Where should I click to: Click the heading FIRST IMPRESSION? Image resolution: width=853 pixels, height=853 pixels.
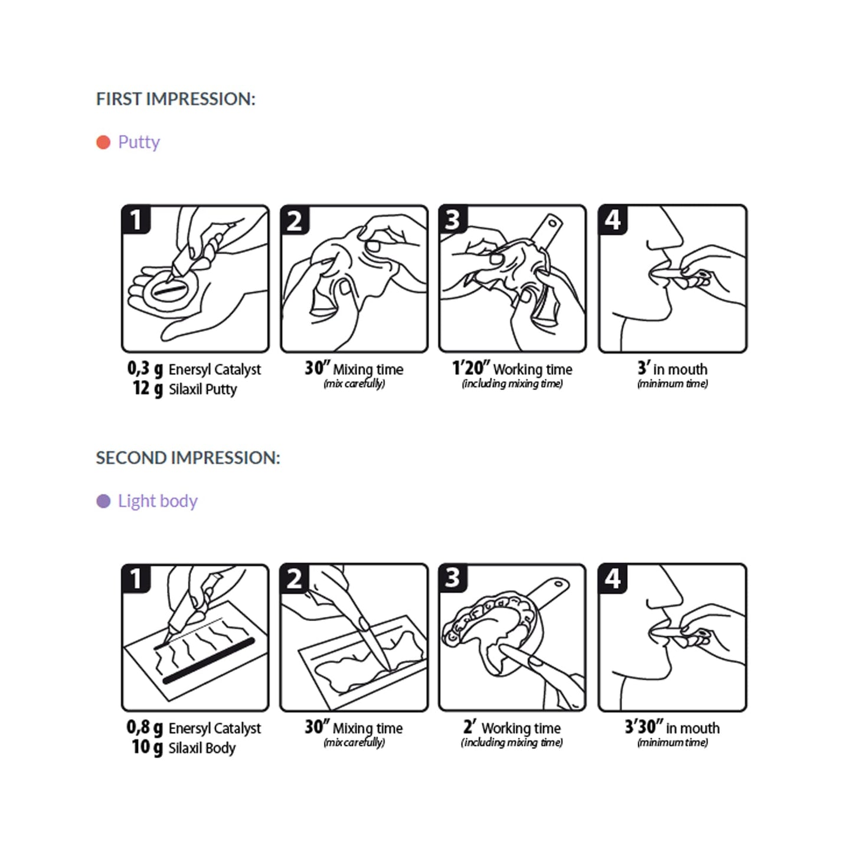(175, 99)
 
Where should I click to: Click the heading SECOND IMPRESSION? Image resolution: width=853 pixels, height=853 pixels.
(188, 457)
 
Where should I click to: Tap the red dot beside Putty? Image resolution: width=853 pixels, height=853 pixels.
(103, 142)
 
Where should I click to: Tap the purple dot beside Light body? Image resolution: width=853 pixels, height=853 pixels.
(103, 501)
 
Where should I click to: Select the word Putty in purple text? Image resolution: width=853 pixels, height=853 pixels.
(139, 142)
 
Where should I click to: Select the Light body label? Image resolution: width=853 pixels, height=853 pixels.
(158, 501)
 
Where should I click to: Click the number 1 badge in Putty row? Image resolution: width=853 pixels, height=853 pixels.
(136, 220)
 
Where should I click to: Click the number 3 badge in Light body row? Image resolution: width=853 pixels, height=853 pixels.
(453, 578)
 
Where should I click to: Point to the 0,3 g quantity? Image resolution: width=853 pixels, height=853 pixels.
(145, 369)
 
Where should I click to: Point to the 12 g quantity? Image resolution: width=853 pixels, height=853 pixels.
(148, 388)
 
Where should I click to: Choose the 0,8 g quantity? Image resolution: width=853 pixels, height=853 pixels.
(145, 728)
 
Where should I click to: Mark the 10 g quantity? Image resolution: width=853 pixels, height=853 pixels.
(147, 747)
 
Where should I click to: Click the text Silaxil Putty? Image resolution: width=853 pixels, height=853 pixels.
(202, 390)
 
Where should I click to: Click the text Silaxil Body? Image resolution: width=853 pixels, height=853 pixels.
(202, 748)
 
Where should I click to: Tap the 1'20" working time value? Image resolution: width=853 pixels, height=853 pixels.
(470, 368)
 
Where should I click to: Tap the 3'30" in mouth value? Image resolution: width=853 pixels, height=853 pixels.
(643, 727)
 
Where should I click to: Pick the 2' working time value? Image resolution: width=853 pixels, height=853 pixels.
(469, 727)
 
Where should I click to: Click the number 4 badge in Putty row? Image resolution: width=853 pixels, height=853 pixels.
(613, 220)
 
